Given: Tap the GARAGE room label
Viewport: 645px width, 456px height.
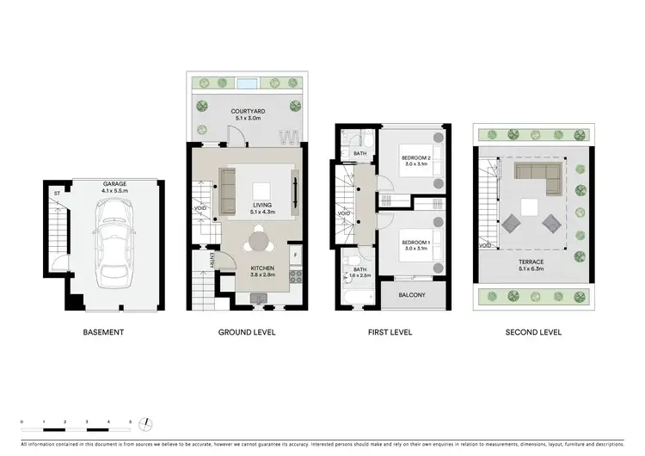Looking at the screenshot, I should click(114, 183).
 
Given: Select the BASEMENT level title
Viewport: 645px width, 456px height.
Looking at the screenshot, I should click(103, 332).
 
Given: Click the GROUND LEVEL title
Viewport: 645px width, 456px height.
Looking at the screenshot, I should click(248, 332).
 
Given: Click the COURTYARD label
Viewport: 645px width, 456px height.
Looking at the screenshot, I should click(248, 112).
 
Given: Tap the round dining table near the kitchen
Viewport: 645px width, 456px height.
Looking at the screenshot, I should click(261, 241).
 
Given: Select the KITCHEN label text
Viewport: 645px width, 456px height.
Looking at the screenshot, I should click(261, 268).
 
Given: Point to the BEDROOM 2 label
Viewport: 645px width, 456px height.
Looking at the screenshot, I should click(415, 158).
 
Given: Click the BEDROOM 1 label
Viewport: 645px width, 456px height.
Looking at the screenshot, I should click(415, 243).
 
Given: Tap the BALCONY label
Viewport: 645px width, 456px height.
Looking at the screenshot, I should click(415, 295).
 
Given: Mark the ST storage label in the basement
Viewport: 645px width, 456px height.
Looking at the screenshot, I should click(57, 194).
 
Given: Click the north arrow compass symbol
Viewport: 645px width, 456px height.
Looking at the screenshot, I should click(148, 422).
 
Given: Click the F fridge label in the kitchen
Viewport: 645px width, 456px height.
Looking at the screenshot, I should click(295, 255).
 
